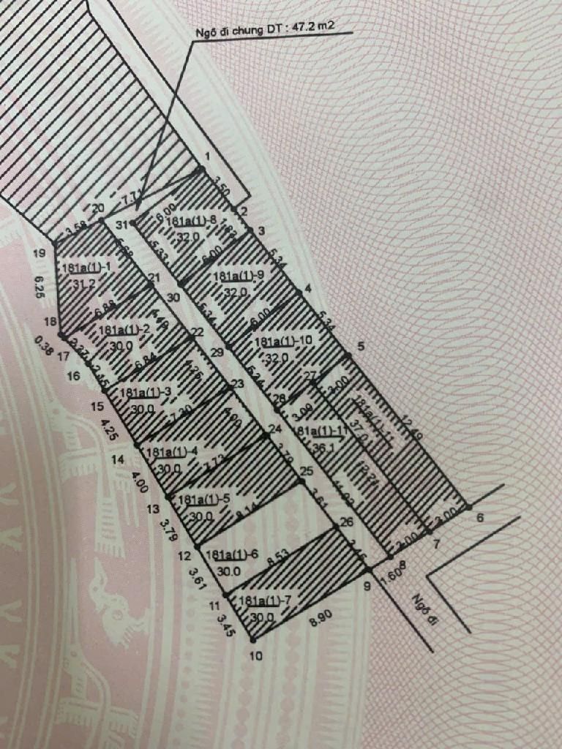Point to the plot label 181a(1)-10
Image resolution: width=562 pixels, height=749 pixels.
[x=282, y=342]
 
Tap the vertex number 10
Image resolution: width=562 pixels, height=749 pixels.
[x=255, y=656]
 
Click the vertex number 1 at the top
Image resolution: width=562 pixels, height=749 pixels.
[x=208, y=157]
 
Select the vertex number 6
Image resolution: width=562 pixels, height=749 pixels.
[x=481, y=518]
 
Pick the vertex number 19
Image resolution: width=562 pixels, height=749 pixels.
[x=40, y=254]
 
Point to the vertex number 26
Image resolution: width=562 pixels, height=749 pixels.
[x=347, y=522]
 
